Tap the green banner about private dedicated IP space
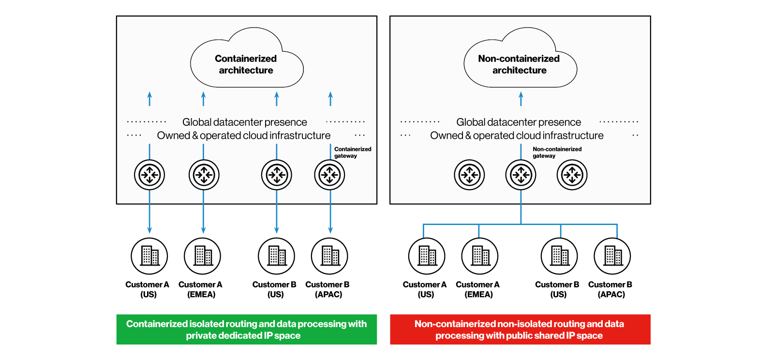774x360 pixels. click(x=246, y=330)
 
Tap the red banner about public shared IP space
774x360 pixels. click(x=520, y=330)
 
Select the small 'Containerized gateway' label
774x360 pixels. click(x=353, y=152)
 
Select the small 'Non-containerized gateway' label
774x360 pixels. click(x=557, y=152)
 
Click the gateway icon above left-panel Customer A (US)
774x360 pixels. click(x=149, y=175)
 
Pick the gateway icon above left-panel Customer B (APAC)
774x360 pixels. click(x=330, y=175)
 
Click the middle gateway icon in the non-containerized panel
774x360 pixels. click(x=521, y=175)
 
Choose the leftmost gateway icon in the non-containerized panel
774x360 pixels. click(x=469, y=175)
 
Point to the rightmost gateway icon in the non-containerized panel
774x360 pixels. click(x=572, y=175)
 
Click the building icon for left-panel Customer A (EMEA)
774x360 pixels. click(x=203, y=256)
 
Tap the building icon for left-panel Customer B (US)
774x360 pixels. click(x=277, y=256)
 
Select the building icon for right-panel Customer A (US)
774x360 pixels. click(x=427, y=256)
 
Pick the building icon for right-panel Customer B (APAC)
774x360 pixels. click(x=612, y=256)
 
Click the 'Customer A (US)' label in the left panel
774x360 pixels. click(x=148, y=289)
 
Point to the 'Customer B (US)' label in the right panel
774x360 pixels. click(x=557, y=289)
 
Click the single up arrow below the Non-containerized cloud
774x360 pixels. click(x=521, y=99)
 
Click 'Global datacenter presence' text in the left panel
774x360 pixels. click(x=245, y=122)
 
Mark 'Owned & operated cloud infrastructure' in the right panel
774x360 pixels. click(x=517, y=135)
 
